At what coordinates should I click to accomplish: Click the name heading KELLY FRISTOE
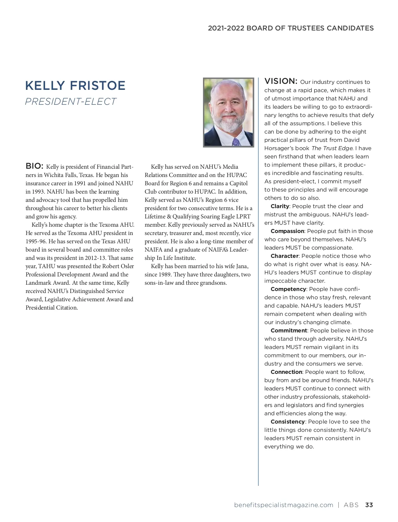click(x=75, y=86)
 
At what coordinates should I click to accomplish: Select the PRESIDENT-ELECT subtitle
click(x=71, y=101)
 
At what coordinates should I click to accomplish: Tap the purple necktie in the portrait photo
click(x=236, y=142)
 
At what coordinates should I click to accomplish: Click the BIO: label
click(x=34, y=166)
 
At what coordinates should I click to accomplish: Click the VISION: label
click(x=281, y=81)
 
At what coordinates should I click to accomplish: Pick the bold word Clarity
click(x=280, y=206)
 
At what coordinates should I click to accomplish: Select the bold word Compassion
click(x=287, y=231)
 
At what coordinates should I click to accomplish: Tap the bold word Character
click(x=285, y=256)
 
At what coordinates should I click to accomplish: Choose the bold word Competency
click(x=288, y=289)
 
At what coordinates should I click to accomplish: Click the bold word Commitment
click(x=289, y=330)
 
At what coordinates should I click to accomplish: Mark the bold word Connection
click(x=286, y=372)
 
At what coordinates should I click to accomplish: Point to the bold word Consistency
click(x=288, y=422)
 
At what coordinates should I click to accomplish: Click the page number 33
click(x=369, y=505)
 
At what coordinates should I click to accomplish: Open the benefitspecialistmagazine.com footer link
click(x=284, y=505)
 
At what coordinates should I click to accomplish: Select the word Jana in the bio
click(x=242, y=266)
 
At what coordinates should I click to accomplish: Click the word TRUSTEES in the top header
click(x=306, y=28)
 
